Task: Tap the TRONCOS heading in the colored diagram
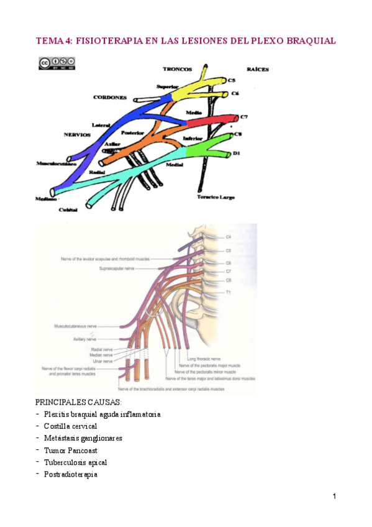pyautogui.click(x=177, y=69)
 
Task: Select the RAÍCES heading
pyautogui.click(x=257, y=69)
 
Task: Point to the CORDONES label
pyautogui.click(x=110, y=98)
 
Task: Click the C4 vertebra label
pyautogui.click(x=229, y=237)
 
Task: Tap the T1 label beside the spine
pyautogui.click(x=229, y=291)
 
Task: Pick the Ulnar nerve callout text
pyautogui.click(x=102, y=361)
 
